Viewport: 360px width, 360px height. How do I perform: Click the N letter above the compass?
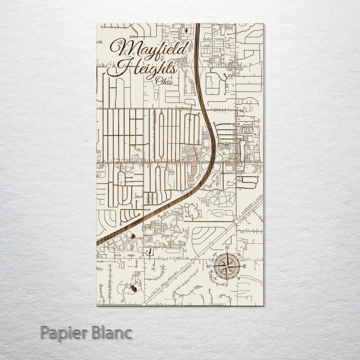click(x=227, y=248)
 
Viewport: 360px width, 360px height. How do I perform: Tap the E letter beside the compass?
click(x=244, y=266)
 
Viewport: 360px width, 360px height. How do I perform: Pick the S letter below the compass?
click(x=226, y=285)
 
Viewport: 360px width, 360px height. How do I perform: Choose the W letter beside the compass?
click(x=209, y=266)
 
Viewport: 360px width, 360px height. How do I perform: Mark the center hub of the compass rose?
click(x=227, y=266)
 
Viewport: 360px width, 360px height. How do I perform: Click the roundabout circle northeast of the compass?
click(x=236, y=221)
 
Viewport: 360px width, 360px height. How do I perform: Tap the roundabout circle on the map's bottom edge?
click(x=144, y=304)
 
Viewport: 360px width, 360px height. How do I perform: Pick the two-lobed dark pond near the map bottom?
click(x=133, y=288)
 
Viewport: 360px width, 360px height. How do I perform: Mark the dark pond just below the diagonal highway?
click(x=133, y=236)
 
